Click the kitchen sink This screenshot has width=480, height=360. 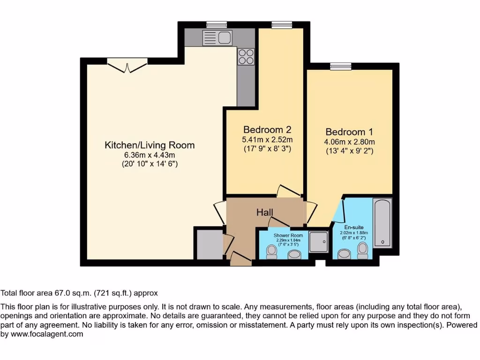(217, 38)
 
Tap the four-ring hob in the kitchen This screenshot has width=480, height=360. (246, 57)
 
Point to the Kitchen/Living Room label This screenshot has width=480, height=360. (149, 145)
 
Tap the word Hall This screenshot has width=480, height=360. (264, 212)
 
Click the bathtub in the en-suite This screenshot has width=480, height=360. (382, 222)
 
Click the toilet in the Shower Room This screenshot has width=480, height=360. (271, 252)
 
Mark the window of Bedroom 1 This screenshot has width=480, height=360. (340, 67)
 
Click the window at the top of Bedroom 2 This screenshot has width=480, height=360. (281, 25)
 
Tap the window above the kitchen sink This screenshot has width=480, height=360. (216, 25)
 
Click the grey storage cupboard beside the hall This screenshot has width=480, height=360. (209, 243)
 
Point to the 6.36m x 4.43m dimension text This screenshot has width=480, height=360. (149, 155)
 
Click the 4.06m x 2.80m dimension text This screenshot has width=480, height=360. (349, 142)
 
